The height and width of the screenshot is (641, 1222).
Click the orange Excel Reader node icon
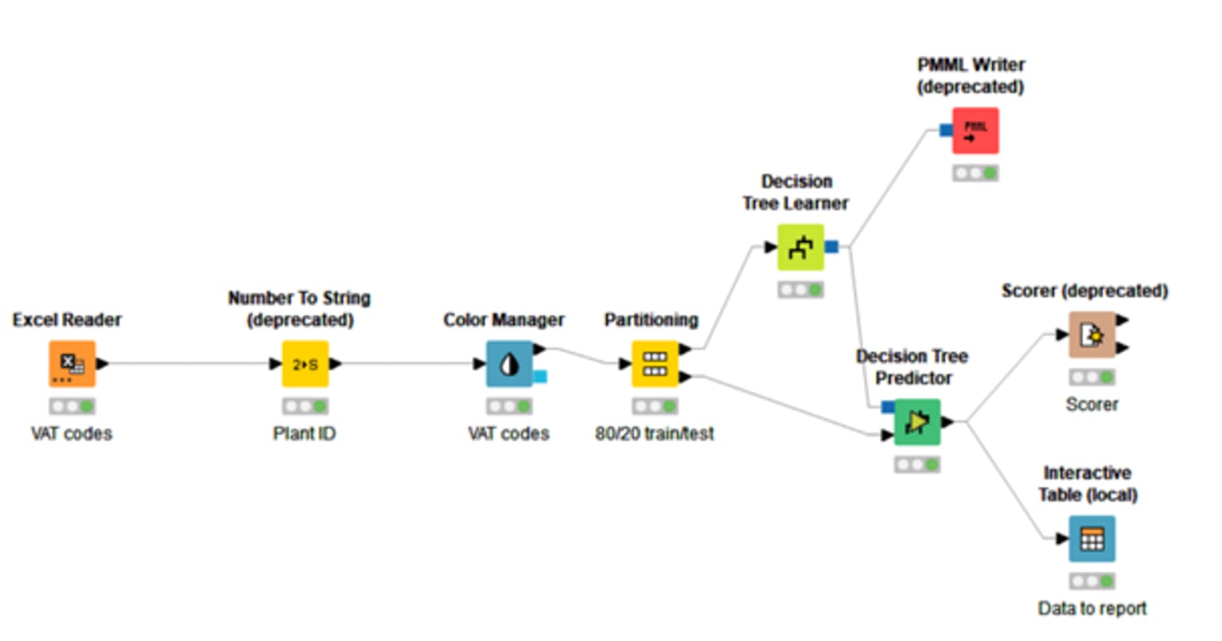click(x=72, y=364)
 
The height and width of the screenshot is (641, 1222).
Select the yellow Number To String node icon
click(x=305, y=364)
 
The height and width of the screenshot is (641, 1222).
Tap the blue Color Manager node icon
click(x=509, y=364)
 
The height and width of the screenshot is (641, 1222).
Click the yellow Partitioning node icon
click(x=655, y=364)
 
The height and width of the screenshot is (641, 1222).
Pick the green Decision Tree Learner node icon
click(x=800, y=248)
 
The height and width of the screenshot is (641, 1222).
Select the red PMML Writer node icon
click(x=975, y=131)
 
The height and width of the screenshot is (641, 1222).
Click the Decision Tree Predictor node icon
click(x=917, y=422)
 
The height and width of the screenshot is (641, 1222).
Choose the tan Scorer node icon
click(x=1092, y=335)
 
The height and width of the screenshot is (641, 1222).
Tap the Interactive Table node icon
click(x=1092, y=539)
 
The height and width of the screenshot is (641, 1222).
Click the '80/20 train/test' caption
click(x=655, y=434)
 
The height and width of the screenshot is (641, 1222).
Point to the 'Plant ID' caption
click(x=305, y=434)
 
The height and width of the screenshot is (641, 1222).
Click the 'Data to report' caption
click(x=1092, y=609)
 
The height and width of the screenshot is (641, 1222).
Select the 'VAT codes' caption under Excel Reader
click(x=72, y=434)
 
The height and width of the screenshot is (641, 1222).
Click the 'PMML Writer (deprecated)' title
click(x=971, y=76)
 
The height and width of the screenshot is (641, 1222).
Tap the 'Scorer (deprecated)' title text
click(x=1084, y=291)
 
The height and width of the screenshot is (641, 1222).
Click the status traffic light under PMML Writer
click(x=975, y=173)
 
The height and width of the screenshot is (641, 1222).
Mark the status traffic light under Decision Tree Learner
click(x=800, y=290)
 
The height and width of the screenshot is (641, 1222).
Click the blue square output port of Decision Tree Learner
click(x=831, y=247)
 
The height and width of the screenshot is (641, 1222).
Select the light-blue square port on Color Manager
click(x=540, y=377)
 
